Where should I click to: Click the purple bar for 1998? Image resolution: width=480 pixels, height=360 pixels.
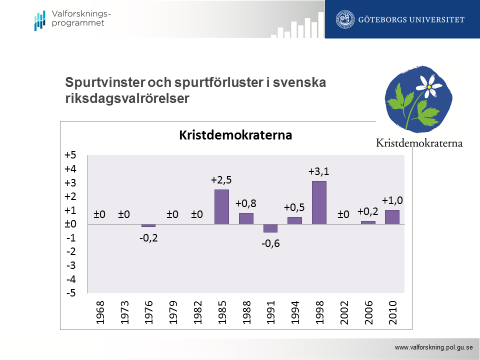click(319, 202)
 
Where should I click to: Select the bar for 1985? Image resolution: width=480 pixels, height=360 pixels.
click(221, 206)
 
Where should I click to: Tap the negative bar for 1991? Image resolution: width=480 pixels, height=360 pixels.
click(270, 228)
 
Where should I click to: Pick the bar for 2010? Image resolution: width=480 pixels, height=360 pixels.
click(392, 217)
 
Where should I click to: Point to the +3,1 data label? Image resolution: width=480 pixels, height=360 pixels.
click(318, 171)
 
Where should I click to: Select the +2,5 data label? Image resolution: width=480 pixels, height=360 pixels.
click(221, 180)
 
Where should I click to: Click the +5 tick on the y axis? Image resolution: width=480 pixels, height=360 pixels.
click(70, 155)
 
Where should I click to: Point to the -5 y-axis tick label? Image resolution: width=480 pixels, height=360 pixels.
click(70, 293)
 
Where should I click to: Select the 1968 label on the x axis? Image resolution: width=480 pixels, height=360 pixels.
click(100, 312)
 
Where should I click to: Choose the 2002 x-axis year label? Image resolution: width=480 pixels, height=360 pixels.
click(344, 312)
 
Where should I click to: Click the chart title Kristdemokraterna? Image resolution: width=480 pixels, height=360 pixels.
click(235, 135)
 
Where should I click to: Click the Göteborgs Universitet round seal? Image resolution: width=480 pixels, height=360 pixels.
click(343, 19)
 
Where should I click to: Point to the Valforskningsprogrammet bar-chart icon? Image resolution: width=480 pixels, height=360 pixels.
click(39, 20)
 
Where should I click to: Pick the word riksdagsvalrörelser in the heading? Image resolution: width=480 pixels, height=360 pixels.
click(127, 98)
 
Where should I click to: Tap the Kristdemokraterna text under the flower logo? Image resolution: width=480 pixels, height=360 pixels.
click(419, 143)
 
